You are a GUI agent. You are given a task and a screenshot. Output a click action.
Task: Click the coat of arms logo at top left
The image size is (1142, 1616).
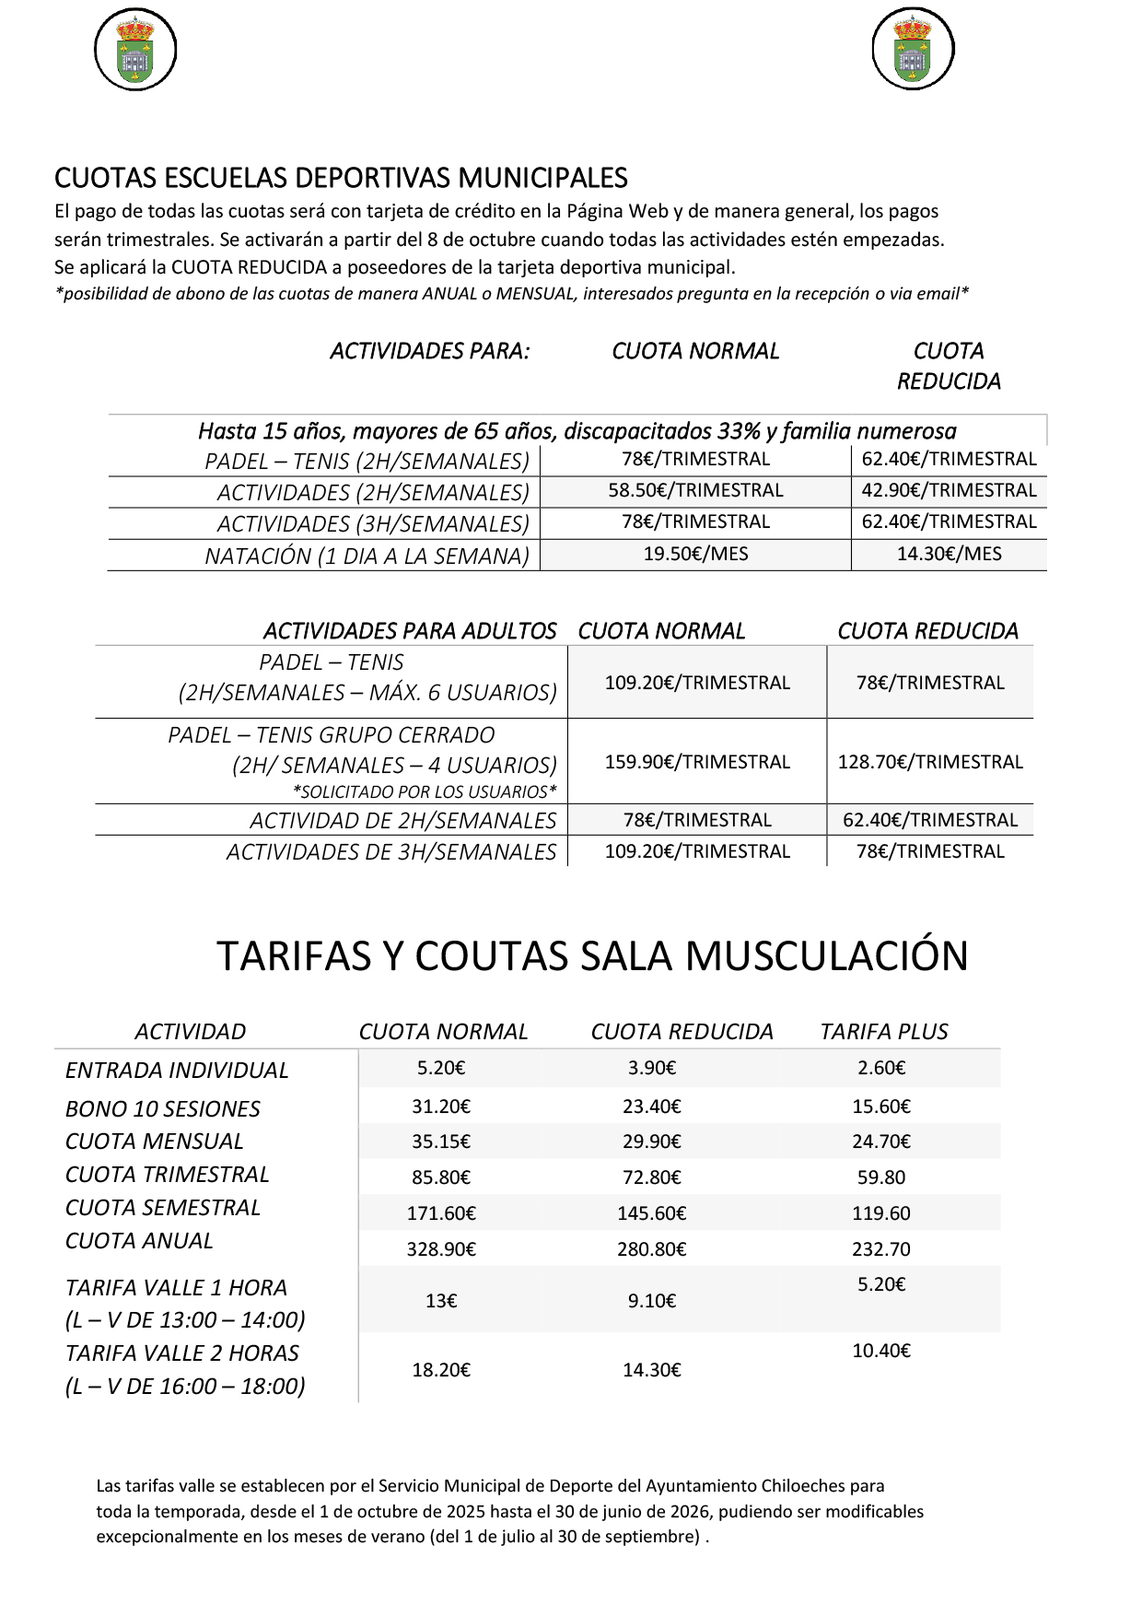click(x=135, y=50)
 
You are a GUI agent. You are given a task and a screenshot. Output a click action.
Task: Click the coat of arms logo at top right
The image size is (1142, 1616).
click(x=913, y=50)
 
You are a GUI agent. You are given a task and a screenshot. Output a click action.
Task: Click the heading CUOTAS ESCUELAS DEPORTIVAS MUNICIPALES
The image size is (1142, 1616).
click(x=341, y=178)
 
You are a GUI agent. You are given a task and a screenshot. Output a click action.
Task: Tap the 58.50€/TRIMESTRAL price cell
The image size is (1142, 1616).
click(x=695, y=491)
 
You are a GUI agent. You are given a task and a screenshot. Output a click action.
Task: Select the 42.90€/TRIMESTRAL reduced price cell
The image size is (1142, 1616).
click(x=949, y=491)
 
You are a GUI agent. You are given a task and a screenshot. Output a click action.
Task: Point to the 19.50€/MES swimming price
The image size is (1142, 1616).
click(x=695, y=554)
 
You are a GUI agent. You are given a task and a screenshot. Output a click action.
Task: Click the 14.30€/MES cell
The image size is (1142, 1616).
click(x=949, y=554)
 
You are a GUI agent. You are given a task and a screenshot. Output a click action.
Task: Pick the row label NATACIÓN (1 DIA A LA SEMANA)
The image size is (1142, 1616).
click(x=367, y=556)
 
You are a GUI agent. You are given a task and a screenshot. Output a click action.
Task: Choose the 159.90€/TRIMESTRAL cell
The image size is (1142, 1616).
click(x=697, y=762)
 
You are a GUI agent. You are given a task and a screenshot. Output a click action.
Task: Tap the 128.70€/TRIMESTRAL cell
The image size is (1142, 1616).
click(x=930, y=762)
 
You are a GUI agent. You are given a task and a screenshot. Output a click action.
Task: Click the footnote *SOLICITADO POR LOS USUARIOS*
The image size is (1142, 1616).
click(x=425, y=791)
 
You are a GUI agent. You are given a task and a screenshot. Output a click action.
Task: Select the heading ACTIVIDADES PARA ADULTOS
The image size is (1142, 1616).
click(x=410, y=631)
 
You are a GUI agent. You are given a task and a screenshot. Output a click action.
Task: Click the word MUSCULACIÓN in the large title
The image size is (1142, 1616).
click(x=826, y=955)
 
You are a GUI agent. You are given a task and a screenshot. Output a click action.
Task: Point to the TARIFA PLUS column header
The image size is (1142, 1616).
click(x=884, y=1032)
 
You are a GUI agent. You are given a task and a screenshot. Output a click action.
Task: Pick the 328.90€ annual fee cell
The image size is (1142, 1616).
click(x=441, y=1249)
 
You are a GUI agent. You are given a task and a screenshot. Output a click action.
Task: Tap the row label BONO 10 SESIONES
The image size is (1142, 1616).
click(x=163, y=1109)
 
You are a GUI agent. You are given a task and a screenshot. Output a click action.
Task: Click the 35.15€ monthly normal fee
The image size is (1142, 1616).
click(x=441, y=1142)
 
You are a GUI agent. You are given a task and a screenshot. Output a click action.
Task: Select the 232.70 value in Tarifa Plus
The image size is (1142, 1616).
click(x=881, y=1249)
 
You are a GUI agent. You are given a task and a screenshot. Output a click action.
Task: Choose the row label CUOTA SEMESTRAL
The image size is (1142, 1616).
click(x=163, y=1208)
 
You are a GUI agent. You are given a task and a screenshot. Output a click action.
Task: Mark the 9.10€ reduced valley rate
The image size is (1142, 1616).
click(x=652, y=1301)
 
